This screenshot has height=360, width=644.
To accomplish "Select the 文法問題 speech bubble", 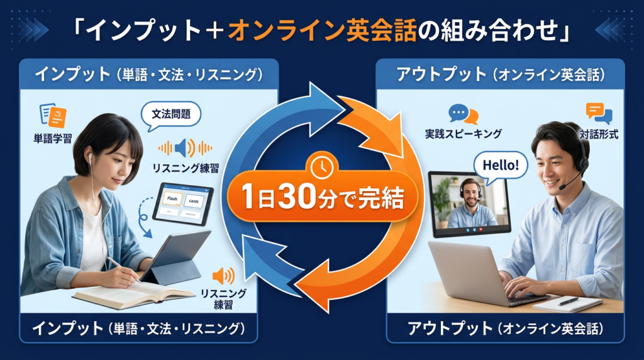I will point(171,115).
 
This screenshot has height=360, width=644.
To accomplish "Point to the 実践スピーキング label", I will point(463,133).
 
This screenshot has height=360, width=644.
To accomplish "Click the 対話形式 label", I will point(598,133).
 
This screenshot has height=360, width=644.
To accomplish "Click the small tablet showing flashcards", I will point(183,203).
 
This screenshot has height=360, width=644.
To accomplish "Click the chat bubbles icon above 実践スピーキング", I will point(463,113).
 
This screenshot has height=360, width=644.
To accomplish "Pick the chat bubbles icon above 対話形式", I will point(598,113).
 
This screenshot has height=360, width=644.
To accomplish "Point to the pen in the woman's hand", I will point(119,267).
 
